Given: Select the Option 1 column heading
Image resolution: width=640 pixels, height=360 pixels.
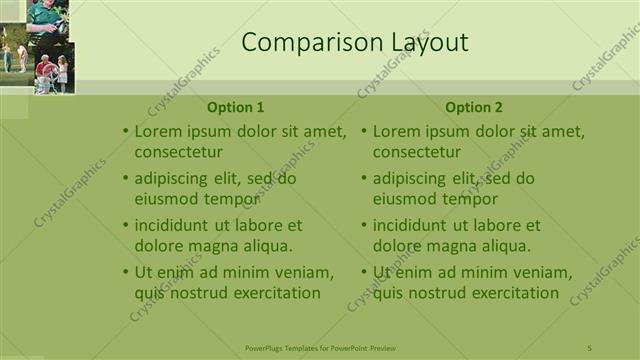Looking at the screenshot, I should [236, 108].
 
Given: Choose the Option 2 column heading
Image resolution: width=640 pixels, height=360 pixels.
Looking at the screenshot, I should [474, 108].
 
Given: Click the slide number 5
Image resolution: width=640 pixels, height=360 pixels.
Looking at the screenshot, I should [589, 348].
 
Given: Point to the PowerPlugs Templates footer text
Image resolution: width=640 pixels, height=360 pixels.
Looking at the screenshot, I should [320, 348].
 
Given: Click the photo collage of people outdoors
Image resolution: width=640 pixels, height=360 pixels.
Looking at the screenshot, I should [36, 46].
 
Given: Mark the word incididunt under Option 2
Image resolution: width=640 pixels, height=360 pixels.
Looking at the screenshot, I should [413, 226].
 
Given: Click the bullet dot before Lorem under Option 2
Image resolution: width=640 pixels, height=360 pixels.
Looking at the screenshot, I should [364, 132].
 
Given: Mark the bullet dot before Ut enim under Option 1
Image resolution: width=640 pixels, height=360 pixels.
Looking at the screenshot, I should [126, 273].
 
